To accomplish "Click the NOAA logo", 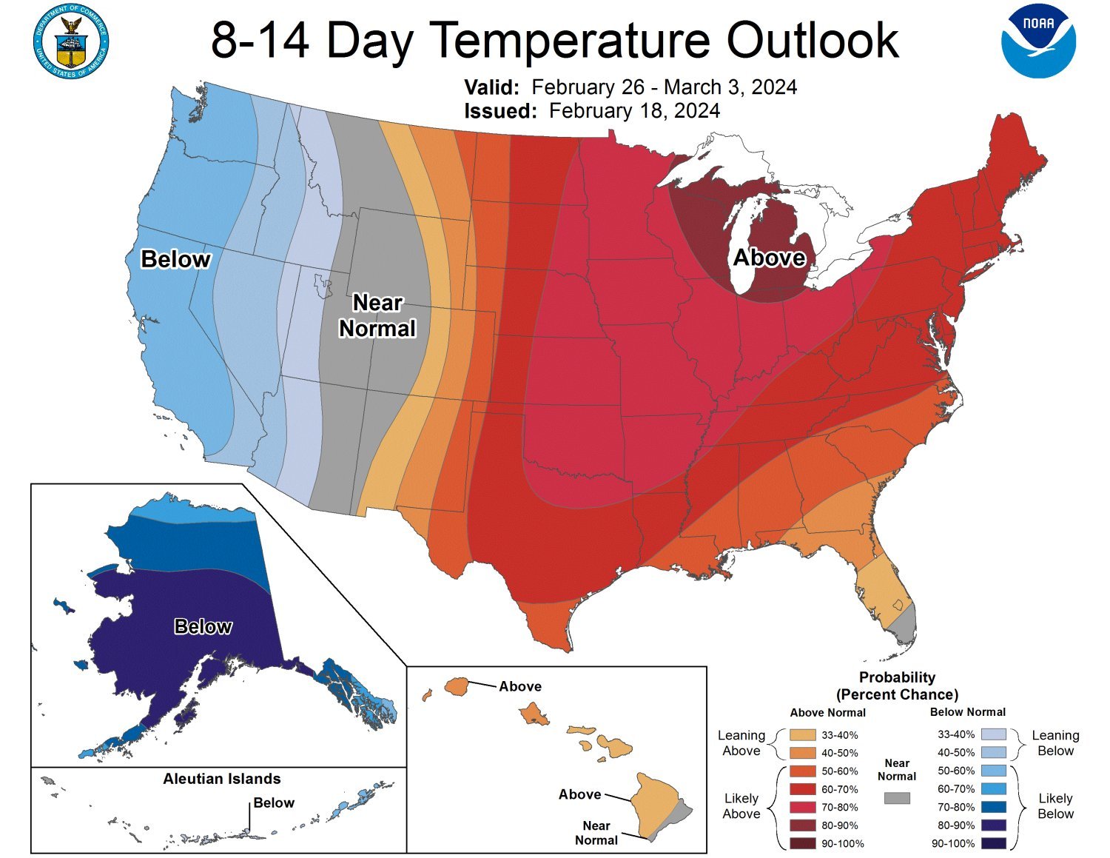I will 1038,40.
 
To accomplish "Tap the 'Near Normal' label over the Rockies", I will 377,315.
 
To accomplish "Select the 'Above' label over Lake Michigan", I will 769,258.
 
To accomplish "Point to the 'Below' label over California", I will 175,259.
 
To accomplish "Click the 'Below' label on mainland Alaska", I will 203,626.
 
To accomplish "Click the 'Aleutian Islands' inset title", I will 222,779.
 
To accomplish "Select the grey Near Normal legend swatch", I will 897,798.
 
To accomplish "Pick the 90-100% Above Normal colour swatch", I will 802,843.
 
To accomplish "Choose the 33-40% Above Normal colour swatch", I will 802,735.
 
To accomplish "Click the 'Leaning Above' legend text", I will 741,743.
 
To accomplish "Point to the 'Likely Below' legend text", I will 1055,806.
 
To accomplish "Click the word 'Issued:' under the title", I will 499,111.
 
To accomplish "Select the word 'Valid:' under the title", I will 492,87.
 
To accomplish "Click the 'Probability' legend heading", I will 897,677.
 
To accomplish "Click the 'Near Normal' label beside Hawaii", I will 596,833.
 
